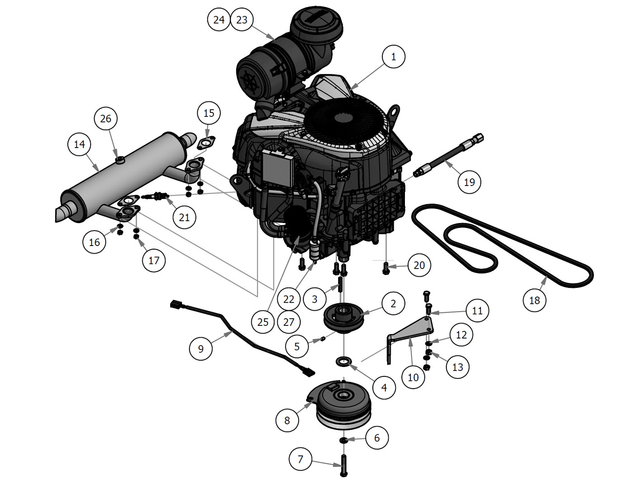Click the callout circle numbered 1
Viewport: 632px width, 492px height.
[x=393, y=57]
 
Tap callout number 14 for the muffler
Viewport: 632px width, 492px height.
[x=79, y=144]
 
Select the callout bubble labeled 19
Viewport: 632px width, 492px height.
[x=469, y=182]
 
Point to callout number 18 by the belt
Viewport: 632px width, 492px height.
[x=534, y=300]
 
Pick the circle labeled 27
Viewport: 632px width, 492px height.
[x=288, y=322]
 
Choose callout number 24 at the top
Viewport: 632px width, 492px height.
[x=218, y=20]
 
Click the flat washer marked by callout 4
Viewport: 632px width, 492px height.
[x=344, y=362]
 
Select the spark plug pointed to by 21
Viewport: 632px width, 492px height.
[x=155, y=197]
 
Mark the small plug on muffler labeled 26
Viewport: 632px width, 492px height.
[x=120, y=159]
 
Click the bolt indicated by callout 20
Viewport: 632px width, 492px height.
[x=386, y=268]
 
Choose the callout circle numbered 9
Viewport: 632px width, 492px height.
[x=201, y=348]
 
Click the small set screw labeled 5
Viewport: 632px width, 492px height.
[x=322, y=339]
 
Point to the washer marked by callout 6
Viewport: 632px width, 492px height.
[x=344, y=441]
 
